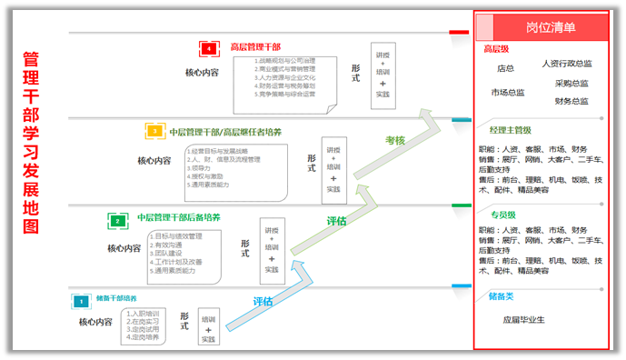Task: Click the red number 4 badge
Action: pyautogui.click(x=210, y=48)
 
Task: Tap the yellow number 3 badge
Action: pyautogui.click(x=155, y=132)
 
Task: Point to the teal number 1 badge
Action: pyautogui.click(x=80, y=299)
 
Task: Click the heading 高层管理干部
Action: pyautogui.click(x=255, y=47)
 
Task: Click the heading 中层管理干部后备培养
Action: pyautogui.click(x=179, y=218)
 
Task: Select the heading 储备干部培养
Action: pyautogui.click(x=116, y=298)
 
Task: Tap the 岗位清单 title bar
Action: pyautogui.click(x=550, y=27)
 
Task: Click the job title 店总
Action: pyautogui.click(x=505, y=68)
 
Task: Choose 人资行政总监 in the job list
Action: pyautogui.click(x=567, y=64)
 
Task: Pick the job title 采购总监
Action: pyautogui.click(x=571, y=84)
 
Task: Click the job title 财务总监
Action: pyautogui.click(x=571, y=101)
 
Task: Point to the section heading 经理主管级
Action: pyautogui.click(x=510, y=130)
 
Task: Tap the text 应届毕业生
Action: pyautogui.click(x=523, y=320)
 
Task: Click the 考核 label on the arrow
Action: pyautogui.click(x=394, y=141)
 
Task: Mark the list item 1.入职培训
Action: pyautogui.click(x=143, y=313)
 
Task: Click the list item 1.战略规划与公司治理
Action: pyautogui.click(x=285, y=61)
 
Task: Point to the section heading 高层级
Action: pyautogui.click(x=496, y=50)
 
